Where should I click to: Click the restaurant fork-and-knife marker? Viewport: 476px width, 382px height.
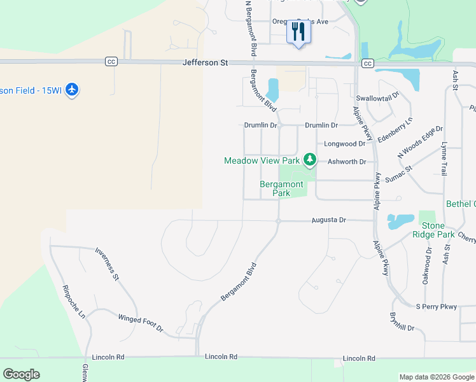coord(298,32)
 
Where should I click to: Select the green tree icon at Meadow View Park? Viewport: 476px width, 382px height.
coord(309,159)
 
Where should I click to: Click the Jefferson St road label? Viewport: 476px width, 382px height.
coord(205,62)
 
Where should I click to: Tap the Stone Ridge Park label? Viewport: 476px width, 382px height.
coord(438,230)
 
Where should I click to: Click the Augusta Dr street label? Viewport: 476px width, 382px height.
coord(328,220)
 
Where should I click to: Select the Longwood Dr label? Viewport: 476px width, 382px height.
coord(344,144)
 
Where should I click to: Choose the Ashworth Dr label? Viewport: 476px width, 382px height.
coord(347,162)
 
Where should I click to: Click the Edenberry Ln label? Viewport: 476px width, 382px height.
coord(395,129)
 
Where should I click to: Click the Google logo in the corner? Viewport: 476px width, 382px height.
coord(21,374)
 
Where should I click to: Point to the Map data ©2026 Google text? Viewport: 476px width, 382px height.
coord(436,377)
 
